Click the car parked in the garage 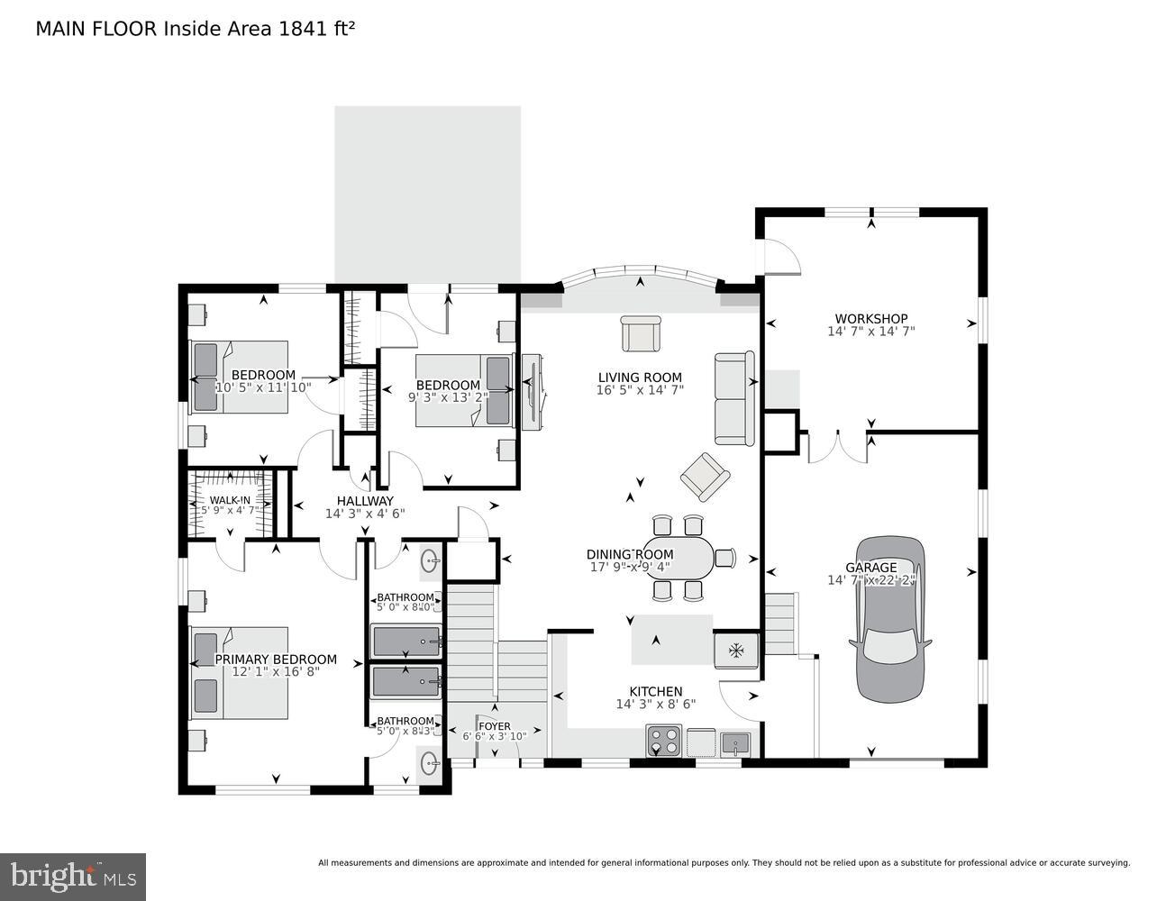tap(889, 620)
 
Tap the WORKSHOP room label tap(870, 319)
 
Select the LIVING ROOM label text tap(640, 378)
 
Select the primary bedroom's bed tap(239, 674)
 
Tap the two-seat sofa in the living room tap(734, 398)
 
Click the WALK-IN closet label tap(231, 501)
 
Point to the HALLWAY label tap(365, 501)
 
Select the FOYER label tap(494, 726)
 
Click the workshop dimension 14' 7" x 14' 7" tap(870, 332)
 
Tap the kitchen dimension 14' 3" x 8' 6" tap(655, 705)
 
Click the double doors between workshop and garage tap(837, 448)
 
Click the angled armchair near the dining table tap(705, 477)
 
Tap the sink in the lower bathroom tap(430, 763)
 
